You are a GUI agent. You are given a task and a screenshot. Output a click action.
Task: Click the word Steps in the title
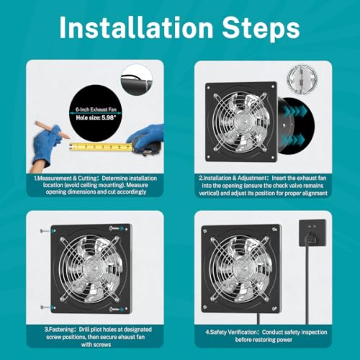click(x=261, y=29)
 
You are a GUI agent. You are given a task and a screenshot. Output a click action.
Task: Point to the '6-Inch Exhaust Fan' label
click(x=96, y=110)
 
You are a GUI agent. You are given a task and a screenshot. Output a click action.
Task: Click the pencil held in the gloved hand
click(x=52, y=130)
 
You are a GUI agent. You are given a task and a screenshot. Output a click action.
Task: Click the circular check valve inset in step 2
click(x=302, y=79)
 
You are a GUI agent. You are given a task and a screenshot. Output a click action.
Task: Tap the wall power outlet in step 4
click(x=312, y=233)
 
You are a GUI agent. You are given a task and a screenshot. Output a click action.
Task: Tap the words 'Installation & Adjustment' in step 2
click(x=234, y=178)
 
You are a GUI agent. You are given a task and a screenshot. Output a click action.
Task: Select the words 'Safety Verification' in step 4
click(x=234, y=332)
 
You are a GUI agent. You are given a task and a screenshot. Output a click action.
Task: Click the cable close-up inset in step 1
click(x=136, y=80)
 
